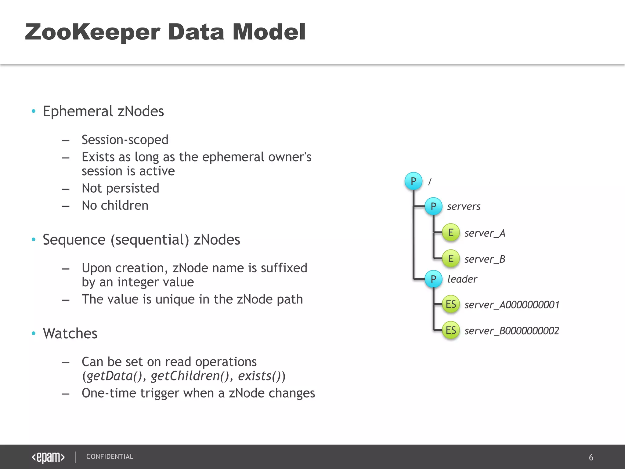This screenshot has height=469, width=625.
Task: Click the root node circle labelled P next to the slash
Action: click(414, 181)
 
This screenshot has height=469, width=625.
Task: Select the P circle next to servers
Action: click(433, 206)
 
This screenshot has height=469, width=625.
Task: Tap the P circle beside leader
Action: click(433, 279)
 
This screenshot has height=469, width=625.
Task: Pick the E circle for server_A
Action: click(451, 233)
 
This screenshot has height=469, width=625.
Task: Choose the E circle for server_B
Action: click(451, 259)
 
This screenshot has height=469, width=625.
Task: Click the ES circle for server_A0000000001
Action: click(451, 304)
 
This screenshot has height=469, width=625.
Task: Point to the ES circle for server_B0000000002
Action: click(451, 330)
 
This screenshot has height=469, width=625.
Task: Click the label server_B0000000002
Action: click(512, 331)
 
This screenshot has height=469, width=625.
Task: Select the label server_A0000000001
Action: click(512, 305)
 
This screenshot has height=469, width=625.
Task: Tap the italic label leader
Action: click(462, 279)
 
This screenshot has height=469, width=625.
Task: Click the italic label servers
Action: click(464, 207)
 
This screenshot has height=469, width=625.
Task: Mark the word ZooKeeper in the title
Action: click(92, 32)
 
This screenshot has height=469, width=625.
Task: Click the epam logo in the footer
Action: click(48, 457)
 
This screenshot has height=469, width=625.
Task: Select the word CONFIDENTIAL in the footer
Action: click(110, 456)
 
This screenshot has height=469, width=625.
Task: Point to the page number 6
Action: click(591, 457)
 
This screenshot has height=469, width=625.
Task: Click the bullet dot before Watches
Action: click(34, 333)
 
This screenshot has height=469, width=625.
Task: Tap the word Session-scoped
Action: click(125, 140)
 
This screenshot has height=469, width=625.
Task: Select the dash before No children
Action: click(66, 206)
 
